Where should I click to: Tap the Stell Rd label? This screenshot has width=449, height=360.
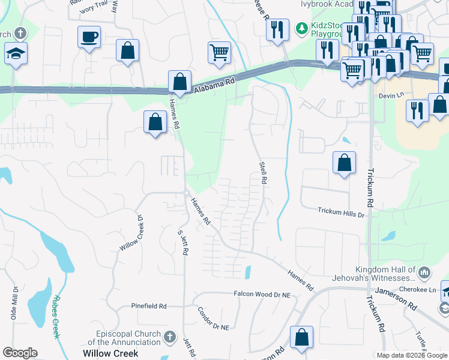click(262, 172)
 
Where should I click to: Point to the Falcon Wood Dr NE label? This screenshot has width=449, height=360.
click(262, 294)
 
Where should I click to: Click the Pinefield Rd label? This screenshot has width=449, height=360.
click(149, 306)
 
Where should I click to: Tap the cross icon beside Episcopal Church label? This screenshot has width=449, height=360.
click(170, 337)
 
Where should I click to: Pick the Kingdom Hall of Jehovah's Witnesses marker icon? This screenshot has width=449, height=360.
click(425, 274)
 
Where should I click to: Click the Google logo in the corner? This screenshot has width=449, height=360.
click(20, 353)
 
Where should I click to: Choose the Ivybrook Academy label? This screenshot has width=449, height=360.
click(324, 4)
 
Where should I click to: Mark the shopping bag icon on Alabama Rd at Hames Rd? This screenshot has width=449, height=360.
click(179, 80)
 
